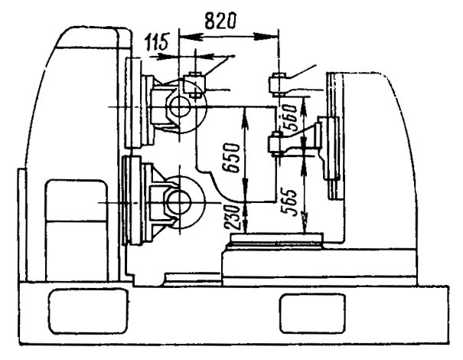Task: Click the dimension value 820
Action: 220,21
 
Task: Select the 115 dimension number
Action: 156,41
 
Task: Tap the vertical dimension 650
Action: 230,158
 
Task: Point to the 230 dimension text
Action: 231,218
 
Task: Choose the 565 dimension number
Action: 289,201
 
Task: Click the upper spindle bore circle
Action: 179,106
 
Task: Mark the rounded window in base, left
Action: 88,312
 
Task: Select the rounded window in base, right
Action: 313,313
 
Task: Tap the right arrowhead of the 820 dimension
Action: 266,36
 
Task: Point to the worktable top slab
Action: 276,237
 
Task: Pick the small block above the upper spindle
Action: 194,85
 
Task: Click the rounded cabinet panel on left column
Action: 77,231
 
